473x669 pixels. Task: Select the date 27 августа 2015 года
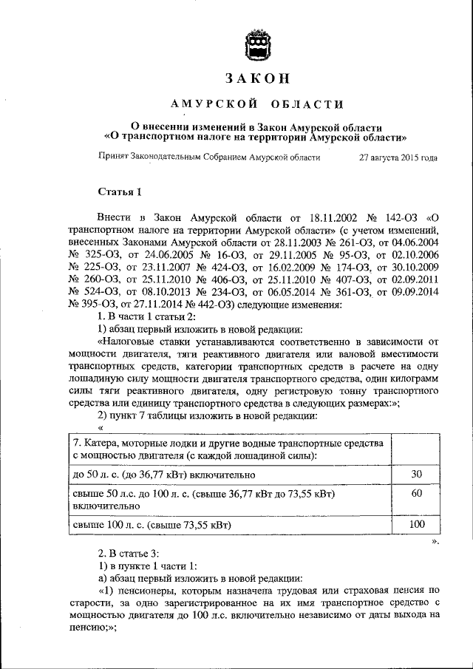coord(398,157)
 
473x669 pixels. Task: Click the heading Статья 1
coord(120,192)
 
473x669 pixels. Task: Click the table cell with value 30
coord(416,473)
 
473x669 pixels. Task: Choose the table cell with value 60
coord(416,492)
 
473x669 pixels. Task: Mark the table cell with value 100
coord(416,524)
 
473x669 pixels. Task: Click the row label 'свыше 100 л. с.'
coord(106,525)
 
